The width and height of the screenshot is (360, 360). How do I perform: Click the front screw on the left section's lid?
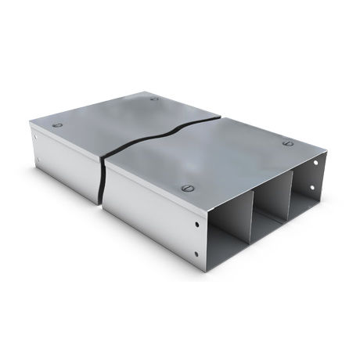pos(56,125)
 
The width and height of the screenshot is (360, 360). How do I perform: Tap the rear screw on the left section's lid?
pos(154,99)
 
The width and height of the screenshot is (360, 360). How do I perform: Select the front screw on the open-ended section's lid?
pos(186,188)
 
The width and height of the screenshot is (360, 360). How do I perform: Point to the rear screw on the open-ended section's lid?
pos(286,144)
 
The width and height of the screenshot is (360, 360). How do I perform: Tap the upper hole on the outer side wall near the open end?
pos(195,222)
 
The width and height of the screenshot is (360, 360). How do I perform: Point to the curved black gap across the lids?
pos(164,131)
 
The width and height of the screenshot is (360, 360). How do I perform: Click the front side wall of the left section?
pos(67,164)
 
